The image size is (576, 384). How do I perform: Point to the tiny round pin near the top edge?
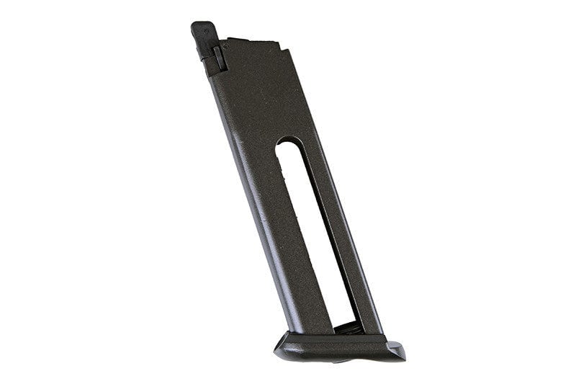tap(225, 45)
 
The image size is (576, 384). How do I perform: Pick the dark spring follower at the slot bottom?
tap(343, 328)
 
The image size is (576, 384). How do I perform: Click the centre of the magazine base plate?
tap(338, 347)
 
